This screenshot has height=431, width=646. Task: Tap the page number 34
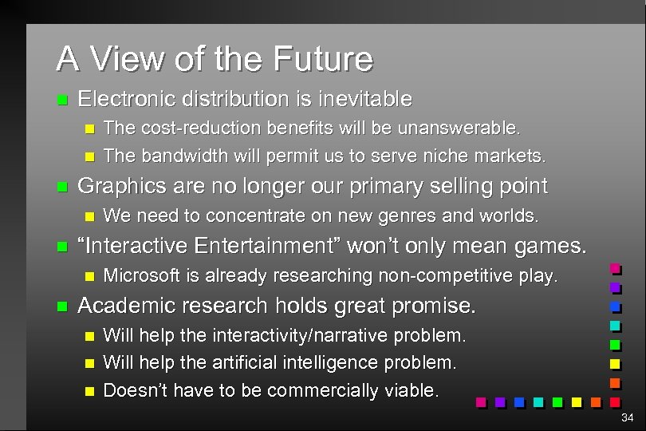click(x=627, y=417)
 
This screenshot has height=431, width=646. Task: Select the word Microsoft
click(x=140, y=276)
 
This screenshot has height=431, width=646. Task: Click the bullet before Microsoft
click(x=89, y=277)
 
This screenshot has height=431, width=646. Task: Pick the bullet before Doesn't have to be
click(x=89, y=391)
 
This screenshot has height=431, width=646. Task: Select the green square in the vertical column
click(x=615, y=345)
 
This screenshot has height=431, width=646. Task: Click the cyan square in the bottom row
click(x=538, y=402)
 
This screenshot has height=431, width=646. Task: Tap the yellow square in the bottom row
click(x=577, y=402)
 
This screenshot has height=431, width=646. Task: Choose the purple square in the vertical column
click(x=615, y=287)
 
